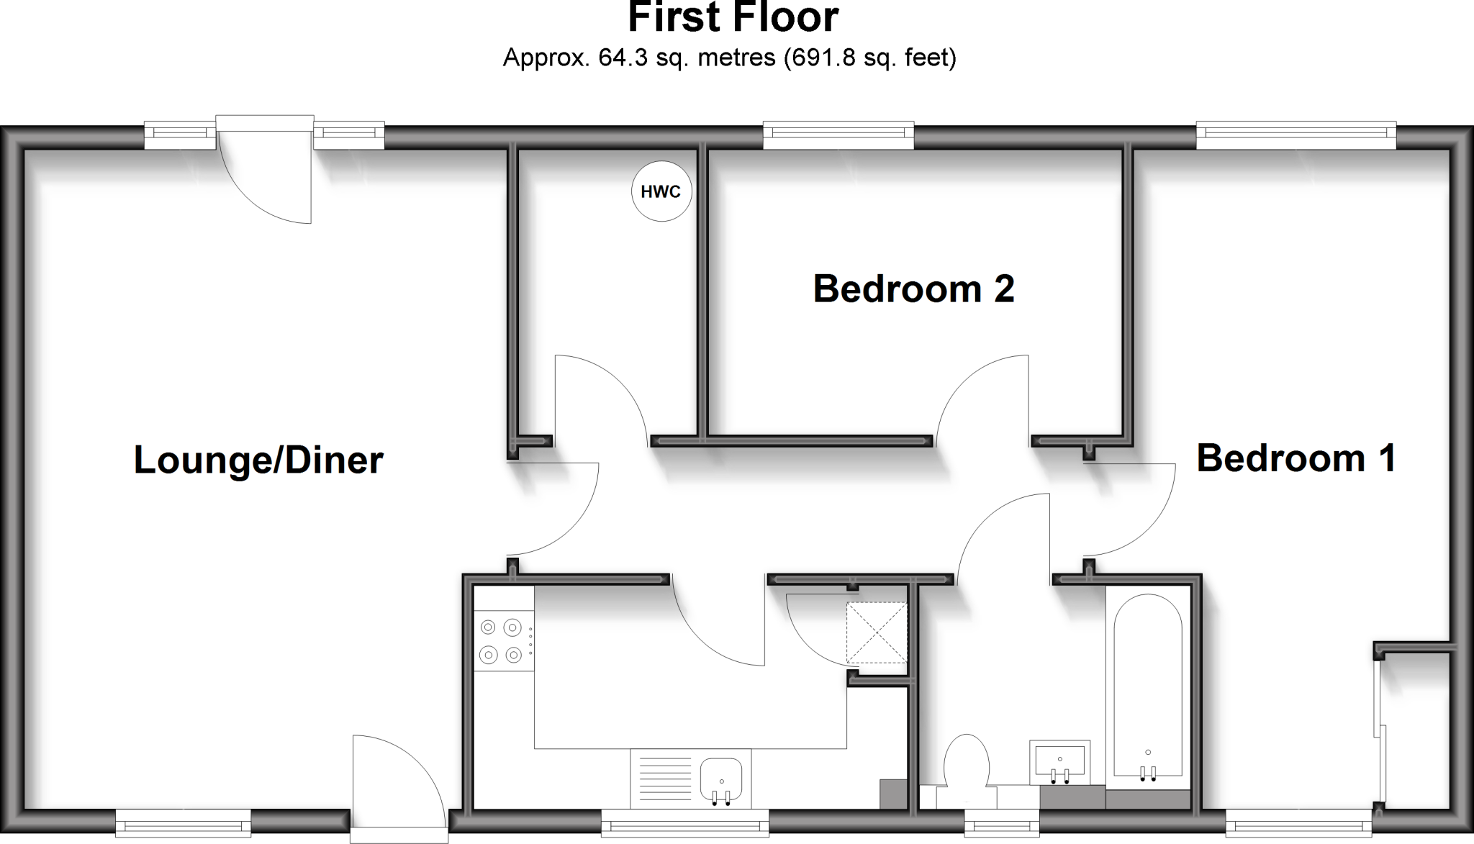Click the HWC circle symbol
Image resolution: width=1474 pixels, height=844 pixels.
click(x=661, y=191)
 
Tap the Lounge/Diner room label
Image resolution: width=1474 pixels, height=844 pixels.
click(x=258, y=460)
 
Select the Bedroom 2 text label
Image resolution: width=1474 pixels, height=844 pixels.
click(x=913, y=289)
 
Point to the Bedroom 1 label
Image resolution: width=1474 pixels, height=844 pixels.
click(x=1296, y=458)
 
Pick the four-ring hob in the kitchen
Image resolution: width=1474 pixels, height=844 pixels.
click(x=501, y=640)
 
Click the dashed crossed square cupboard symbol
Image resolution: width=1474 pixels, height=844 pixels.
click(x=876, y=632)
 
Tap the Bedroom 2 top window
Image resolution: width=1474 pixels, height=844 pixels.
click(x=838, y=133)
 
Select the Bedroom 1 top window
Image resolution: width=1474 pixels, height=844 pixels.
click(x=1296, y=133)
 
